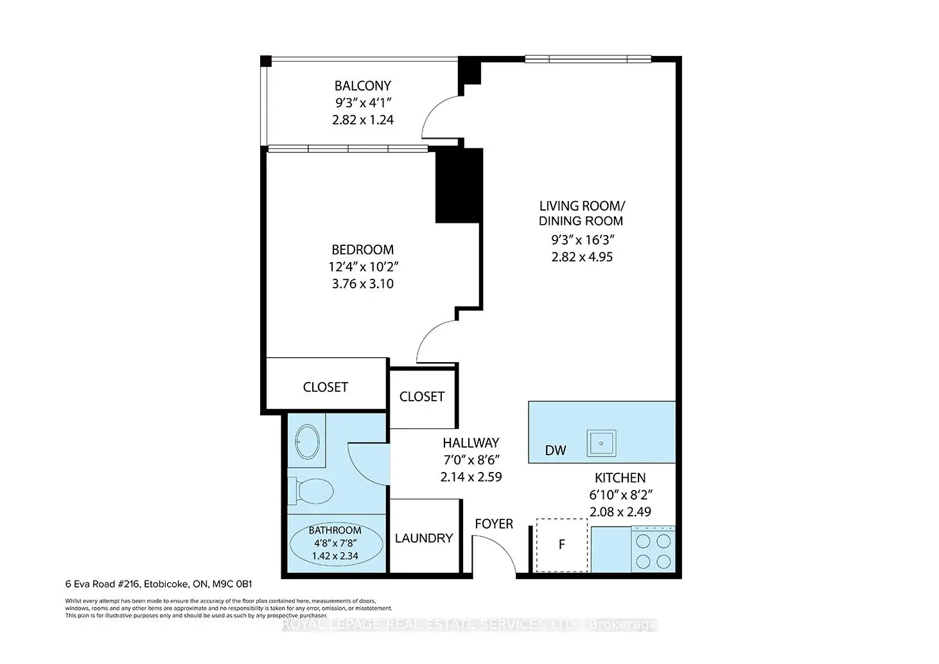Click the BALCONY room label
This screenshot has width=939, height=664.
363,86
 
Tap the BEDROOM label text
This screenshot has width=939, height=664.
363,250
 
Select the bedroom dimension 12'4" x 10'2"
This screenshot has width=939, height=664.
363,266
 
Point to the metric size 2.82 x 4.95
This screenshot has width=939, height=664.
582,257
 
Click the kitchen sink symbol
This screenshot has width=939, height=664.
601,443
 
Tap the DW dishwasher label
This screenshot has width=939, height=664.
556,450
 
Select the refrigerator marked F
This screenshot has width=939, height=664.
562,545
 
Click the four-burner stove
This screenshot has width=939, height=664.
653,548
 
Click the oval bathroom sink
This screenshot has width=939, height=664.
307,441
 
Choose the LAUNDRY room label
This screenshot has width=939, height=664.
424,538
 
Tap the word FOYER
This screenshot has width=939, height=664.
494,524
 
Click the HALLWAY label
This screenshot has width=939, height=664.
471,442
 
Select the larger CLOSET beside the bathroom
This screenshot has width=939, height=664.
325,387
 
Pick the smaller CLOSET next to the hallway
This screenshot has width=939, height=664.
422,397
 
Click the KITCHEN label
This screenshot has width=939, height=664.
620,478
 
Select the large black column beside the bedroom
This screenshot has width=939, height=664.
459,186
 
